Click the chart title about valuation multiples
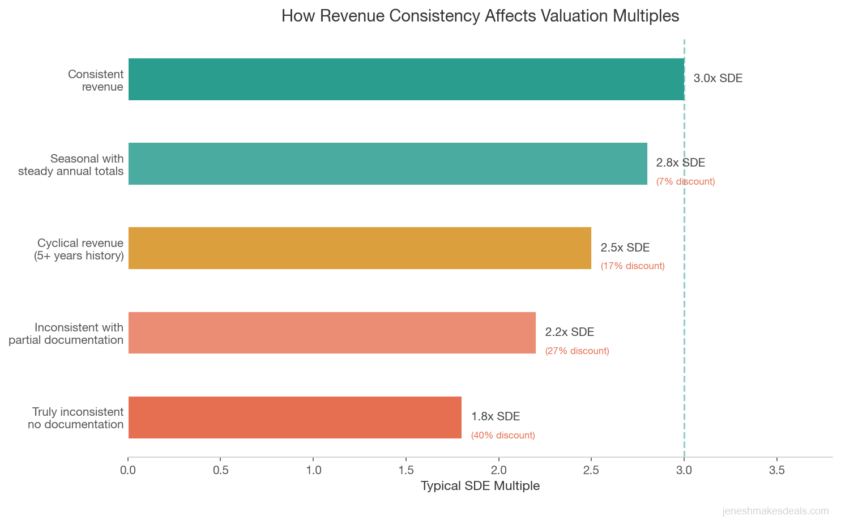[x=480, y=16]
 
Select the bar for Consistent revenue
[x=406, y=79]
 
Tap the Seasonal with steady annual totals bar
[x=387, y=164]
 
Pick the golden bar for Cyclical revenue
[x=360, y=248]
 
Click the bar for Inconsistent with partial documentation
[x=332, y=333]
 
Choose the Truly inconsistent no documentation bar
[x=294, y=418]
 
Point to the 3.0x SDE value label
[x=718, y=79]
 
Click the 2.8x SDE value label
[x=680, y=163]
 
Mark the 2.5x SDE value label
[x=625, y=248]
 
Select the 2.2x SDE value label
[x=569, y=333]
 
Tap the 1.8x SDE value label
[x=495, y=417]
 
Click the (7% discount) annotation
[x=685, y=182]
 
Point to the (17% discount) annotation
[x=633, y=266]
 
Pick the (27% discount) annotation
[x=577, y=351]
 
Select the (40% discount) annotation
[x=503, y=436]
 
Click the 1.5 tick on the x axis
[x=406, y=470]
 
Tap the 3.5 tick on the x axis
[x=776, y=470]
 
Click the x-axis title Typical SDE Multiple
[x=480, y=486]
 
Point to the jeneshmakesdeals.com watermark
[x=775, y=511]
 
